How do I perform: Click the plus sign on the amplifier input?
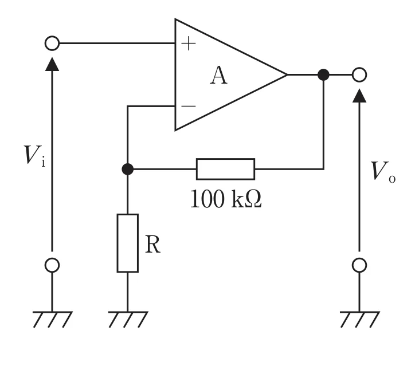click(189, 44)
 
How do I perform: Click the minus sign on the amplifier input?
click(189, 106)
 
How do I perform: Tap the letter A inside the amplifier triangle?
click(218, 76)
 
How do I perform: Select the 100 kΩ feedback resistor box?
click(225, 169)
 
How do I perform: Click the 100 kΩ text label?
click(226, 199)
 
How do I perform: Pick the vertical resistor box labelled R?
click(128, 243)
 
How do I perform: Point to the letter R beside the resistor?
click(152, 245)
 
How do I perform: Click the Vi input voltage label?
click(34, 155)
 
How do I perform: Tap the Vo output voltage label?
click(383, 172)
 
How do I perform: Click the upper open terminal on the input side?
click(52, 43)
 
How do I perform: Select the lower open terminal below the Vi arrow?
click(52, 265)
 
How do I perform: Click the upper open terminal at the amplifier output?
click(359, 75)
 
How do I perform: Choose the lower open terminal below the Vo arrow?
click(359, 265)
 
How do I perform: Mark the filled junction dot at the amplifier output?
click(323, 75)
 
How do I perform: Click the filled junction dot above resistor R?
click(128, 169)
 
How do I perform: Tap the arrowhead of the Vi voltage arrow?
click(52, 64)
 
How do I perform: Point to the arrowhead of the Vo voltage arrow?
click(359, 96)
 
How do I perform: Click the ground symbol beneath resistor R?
click(128, 320)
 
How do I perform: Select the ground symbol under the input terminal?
click(52, 320)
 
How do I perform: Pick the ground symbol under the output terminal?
click(359, 320)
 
